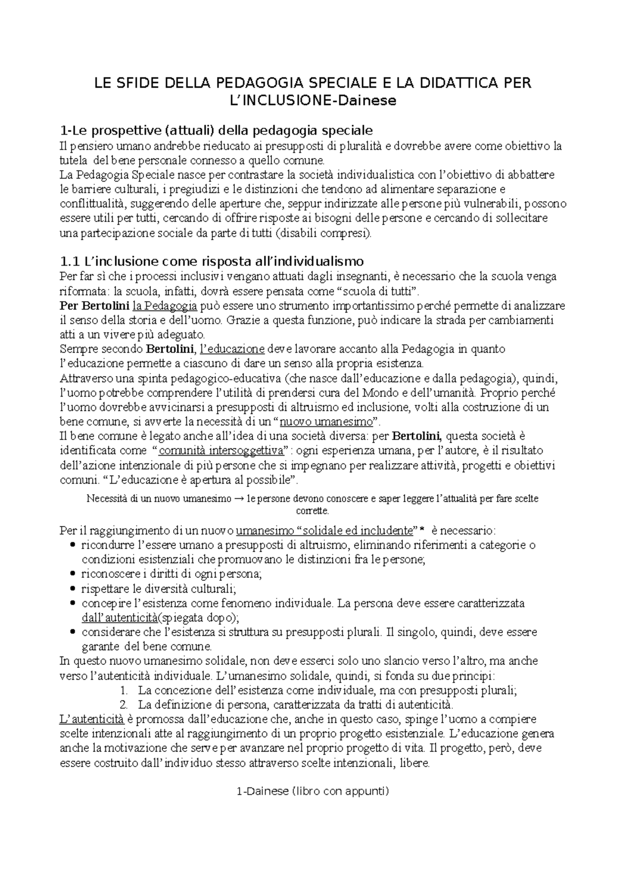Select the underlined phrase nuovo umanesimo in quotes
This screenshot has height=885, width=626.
pyautogui.click(x=326, y=422)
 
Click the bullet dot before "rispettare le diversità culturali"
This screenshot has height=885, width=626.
pyautogui.click(x=72, y=589)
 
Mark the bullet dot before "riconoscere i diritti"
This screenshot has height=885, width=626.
pyautogui.click(x=72, y=574)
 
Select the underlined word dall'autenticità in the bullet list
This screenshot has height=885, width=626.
pyautogui.click(x=119, y=618)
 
